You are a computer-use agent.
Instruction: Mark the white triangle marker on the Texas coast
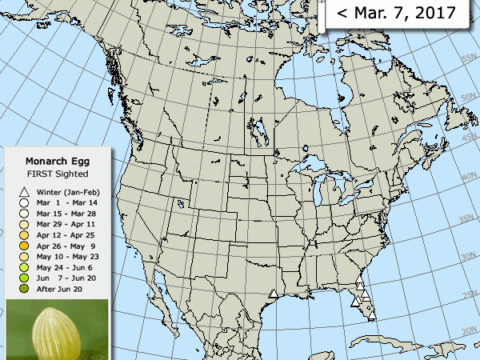(274, 294)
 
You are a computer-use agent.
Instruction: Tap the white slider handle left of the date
(322, 14)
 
